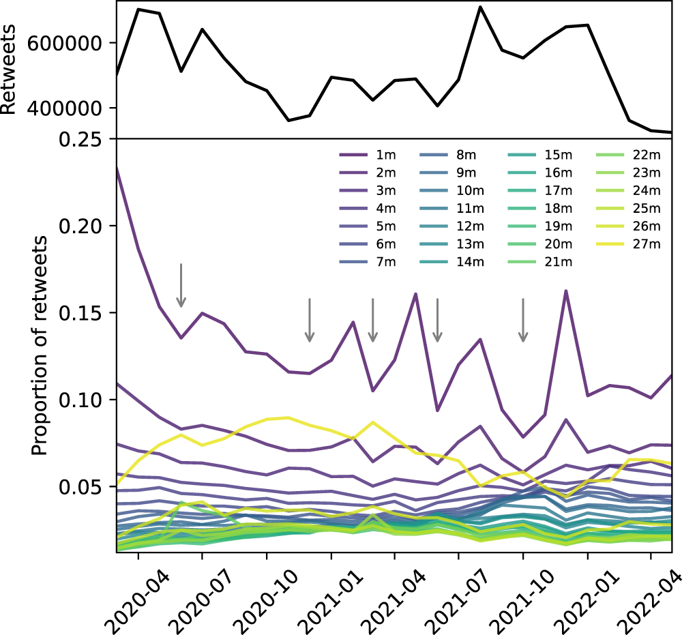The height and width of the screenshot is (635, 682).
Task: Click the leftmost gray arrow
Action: pos(181,285)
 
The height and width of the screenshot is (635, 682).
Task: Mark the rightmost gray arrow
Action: pos(523,320)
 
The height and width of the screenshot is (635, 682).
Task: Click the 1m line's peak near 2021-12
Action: pos(566,291)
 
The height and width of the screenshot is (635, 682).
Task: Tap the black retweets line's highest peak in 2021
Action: pos(480,8)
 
